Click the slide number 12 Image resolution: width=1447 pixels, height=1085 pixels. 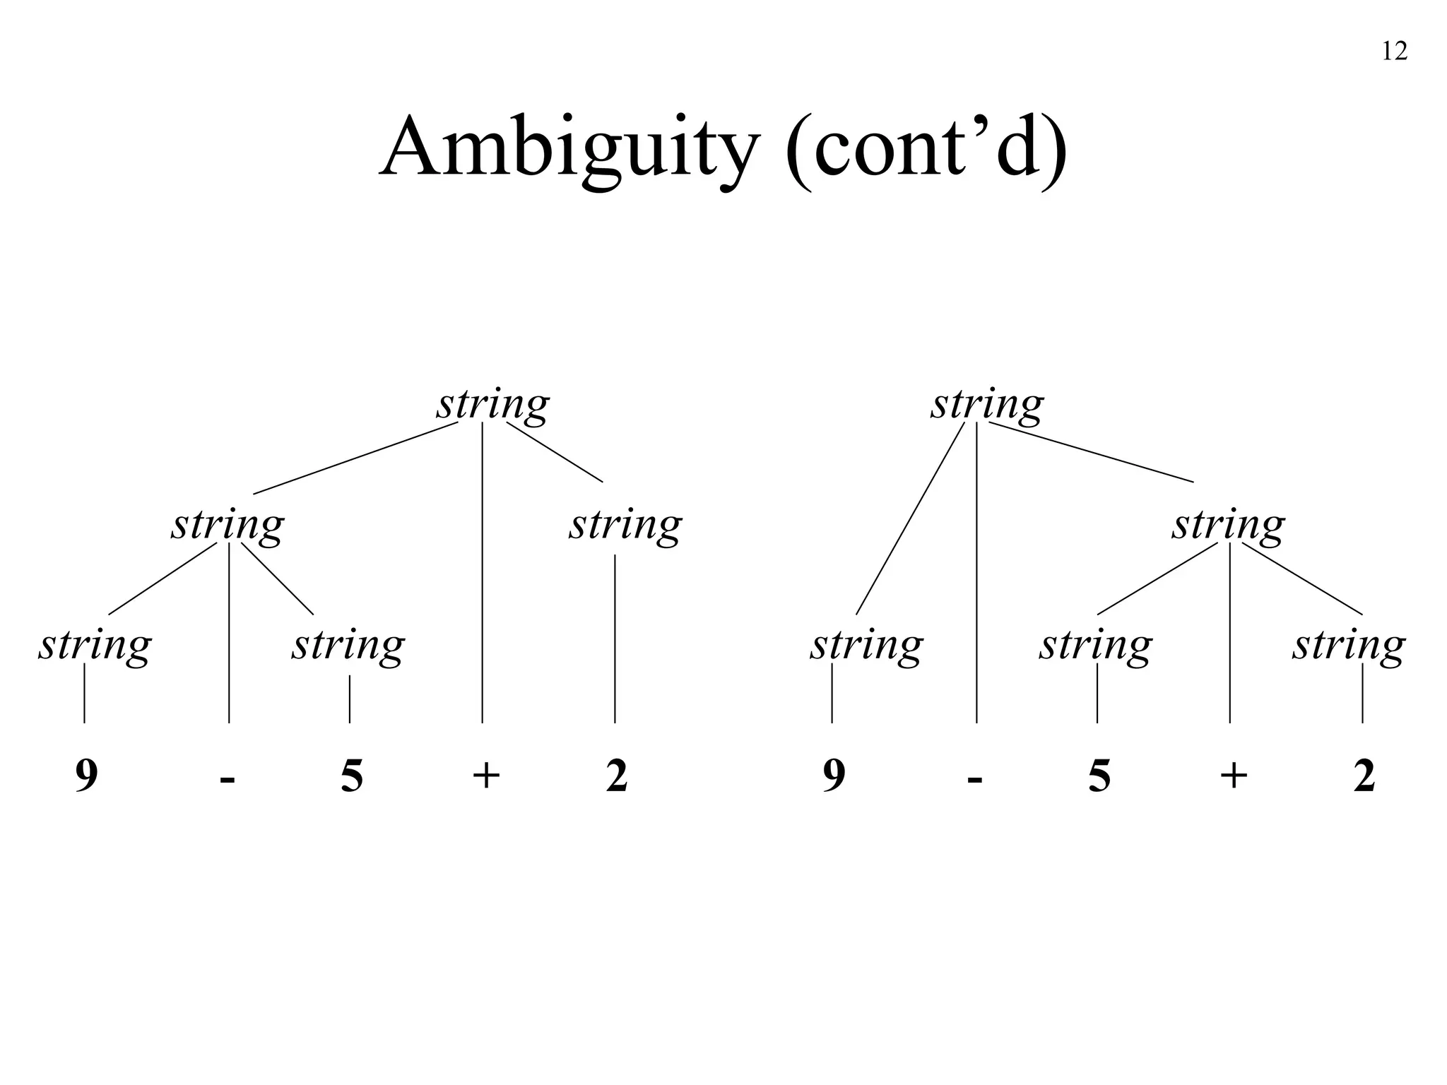(1394, 52)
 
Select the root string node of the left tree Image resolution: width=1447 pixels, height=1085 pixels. (492, 405)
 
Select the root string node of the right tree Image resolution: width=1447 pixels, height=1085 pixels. (986, 405)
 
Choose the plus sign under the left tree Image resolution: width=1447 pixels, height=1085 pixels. (486, 776)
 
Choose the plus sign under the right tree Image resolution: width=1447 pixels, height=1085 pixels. (1234, 776)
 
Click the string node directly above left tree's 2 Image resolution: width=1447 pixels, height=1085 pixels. (625, 526)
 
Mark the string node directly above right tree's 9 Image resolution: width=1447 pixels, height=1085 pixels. (866, 646)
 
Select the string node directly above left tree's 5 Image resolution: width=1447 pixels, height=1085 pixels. (348, 646)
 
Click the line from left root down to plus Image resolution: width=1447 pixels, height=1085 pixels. (483, 572)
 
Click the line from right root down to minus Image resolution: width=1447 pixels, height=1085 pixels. (976, 572)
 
